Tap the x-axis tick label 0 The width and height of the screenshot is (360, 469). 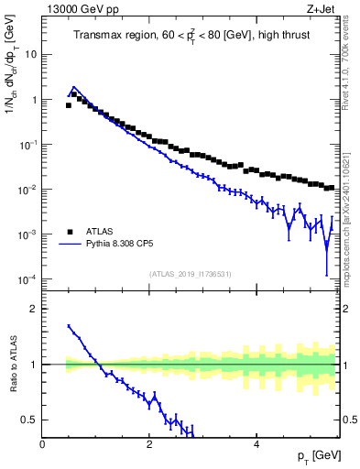[x=42, y=444]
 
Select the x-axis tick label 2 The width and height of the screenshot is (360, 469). [x=148, y=444]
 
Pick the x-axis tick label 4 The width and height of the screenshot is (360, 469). [x=256, y=444]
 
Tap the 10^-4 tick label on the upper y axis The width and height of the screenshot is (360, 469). [x=27, y=279]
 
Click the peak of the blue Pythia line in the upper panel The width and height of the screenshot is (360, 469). [x=74, y=88]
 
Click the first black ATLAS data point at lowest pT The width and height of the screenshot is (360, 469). [x=69, y=105]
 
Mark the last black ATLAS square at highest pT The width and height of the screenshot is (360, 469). [x=331, y=188]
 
